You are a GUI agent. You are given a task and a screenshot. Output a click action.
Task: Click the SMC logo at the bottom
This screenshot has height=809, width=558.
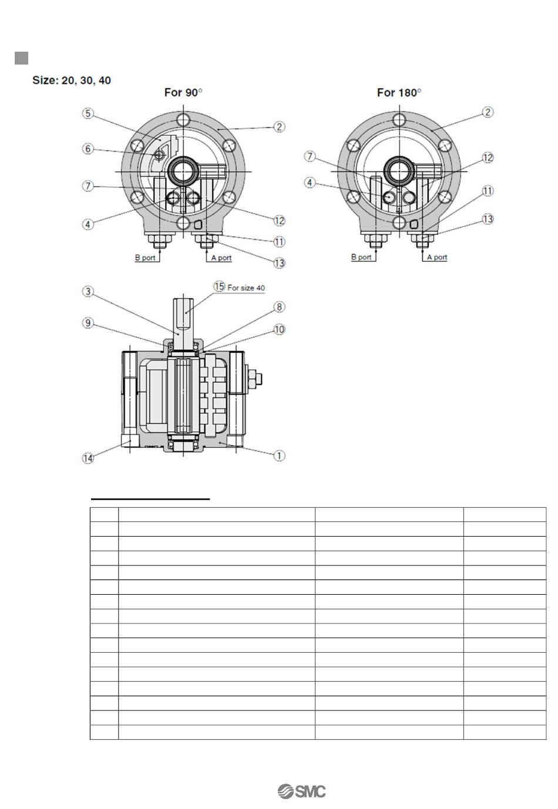click(301, 791)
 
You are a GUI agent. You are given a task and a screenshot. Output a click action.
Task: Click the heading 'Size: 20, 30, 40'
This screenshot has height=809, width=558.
click(72, 80)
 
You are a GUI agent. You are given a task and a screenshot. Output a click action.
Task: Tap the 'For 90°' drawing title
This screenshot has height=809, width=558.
click(183, 92)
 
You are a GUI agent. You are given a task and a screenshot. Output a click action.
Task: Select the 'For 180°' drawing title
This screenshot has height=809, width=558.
click(399, 92)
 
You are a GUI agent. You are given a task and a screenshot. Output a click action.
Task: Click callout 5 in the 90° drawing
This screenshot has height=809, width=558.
click(88, 113)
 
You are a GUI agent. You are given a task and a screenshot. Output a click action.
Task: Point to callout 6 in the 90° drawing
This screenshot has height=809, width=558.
click(88, 149)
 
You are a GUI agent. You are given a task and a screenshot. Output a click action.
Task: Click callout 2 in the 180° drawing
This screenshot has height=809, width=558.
click(488, 112)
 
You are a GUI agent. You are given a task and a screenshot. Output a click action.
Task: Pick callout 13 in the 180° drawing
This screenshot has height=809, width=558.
click(488, 219)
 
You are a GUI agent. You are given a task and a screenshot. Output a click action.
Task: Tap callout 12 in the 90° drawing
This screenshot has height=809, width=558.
click(280, 220)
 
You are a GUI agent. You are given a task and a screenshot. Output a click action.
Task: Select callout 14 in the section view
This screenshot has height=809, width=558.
click(88, 459)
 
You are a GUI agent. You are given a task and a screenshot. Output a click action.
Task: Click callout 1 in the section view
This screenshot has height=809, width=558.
click(280, 455)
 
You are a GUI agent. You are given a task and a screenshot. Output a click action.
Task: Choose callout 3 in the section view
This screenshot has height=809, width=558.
click(88, 292)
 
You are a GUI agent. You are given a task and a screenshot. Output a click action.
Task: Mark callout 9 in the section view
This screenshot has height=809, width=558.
click(88, 322)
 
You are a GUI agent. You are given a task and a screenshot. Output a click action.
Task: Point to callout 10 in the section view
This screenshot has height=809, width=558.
click(280, 329)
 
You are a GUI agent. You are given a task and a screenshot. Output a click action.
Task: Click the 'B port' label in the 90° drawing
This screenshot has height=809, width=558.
click(145, 258)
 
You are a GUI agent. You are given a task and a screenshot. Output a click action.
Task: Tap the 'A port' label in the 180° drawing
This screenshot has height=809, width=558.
click(437, 257)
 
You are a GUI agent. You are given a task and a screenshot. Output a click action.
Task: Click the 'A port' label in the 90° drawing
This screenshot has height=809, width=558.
click(221, 258)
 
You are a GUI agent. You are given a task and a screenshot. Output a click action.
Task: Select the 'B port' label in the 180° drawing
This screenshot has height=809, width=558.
click(361, 257)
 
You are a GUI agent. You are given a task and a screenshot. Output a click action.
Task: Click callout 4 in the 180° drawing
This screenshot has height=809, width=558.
click(310, 183)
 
